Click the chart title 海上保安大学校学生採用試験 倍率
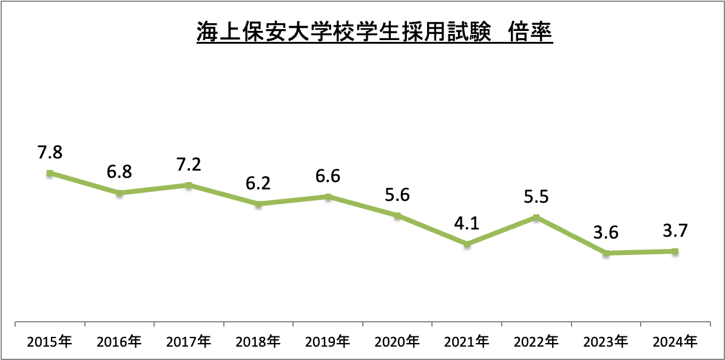coord(374,33)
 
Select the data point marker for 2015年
coord(50,173)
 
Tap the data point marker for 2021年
coord(467,245)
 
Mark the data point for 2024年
coord(675,251)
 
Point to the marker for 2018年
coord(258,204)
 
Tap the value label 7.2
coord(189,165)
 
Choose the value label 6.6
coord(328,176)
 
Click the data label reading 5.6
coord(397,195)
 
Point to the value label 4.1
coord(467,223)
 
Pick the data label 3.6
coord(605,233)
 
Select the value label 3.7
coord(675,231)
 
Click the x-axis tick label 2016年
coord(120,342)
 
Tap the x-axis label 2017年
coord(189,342)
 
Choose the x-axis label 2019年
coord(328,342)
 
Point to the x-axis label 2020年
coord(397,342)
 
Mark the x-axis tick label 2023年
coord(605,342)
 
